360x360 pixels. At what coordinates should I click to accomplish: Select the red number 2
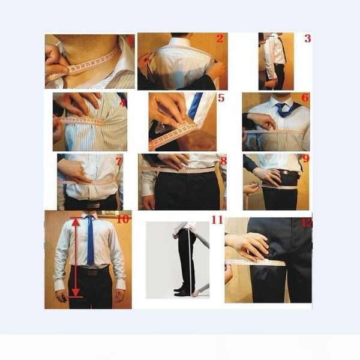[220, 39]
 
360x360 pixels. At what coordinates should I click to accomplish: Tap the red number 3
[307, 39]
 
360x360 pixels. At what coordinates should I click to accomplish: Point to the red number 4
[122, 103]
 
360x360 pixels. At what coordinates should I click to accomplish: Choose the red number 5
[221, 97]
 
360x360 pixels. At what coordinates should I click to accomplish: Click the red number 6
[305, 97]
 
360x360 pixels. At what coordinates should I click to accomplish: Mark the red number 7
[119, 161]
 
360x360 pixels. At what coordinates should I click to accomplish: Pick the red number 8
[223, 160]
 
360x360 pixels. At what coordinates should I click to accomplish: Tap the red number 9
[305, 159]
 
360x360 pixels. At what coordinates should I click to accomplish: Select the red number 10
[123, 219]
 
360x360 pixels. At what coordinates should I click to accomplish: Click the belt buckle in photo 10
[90, 271]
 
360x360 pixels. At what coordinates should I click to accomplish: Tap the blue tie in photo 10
[89, 240]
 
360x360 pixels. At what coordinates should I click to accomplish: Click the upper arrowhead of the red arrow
[76, 221]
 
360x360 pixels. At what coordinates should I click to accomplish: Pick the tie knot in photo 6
[280, 107]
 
